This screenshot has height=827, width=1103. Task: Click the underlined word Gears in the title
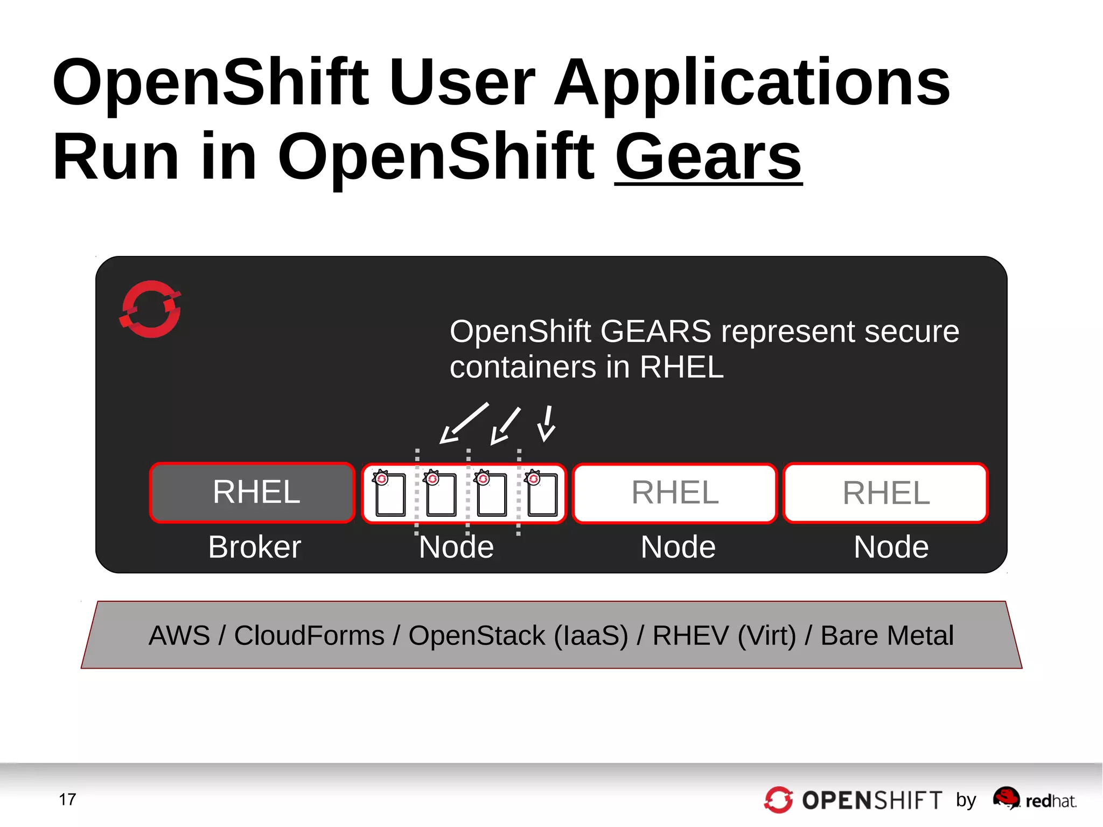click(708, 157)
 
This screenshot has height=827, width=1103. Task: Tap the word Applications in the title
click(752, 82)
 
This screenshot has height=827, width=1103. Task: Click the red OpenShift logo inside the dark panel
click(150, 309)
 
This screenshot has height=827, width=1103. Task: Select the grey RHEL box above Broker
click(252, 492)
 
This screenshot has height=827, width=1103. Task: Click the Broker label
click(254, 547)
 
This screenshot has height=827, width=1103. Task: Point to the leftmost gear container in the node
click(389, 494)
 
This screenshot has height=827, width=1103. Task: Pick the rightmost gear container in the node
click(542, 494)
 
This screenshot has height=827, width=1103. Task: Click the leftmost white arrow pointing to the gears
click(463, 423)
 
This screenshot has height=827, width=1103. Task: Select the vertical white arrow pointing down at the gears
click(547, 423)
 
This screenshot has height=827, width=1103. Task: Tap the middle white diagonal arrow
click(505, 426)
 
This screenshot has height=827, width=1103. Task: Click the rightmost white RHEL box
click(885, 492)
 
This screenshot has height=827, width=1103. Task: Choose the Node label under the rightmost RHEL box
click(891, 547)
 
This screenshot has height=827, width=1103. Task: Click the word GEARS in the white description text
click(655, 331)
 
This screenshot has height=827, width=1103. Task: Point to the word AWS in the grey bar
click(179, 635)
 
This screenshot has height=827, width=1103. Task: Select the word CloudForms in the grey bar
click(309, 635)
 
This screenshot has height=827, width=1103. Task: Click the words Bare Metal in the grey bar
click(887, 635)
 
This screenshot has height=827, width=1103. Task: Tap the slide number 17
click(67, 799)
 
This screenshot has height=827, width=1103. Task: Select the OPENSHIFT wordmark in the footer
click(872, 801)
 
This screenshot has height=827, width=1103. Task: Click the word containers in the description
click(523, 367)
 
